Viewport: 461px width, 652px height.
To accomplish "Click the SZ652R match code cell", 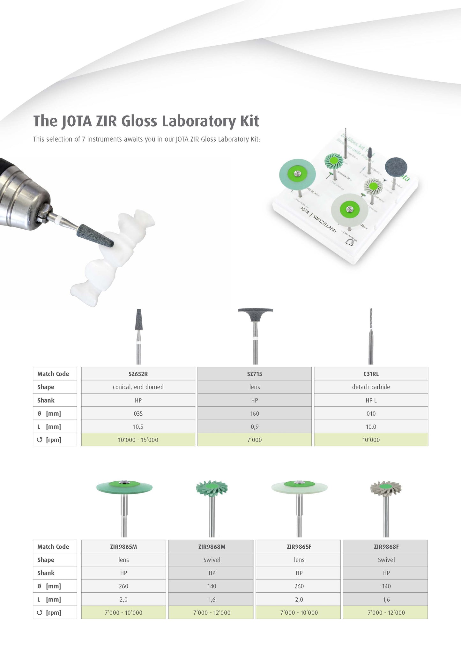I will tap(138, 374).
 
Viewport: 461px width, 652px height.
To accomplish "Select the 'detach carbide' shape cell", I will tap(371, 387).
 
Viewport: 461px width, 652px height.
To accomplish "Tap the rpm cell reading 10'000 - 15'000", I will tap(138, 440).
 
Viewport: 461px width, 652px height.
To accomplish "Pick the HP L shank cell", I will tap(371, 400).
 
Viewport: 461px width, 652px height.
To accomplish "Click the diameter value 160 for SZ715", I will tap(255, 413).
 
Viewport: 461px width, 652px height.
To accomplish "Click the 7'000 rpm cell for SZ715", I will tap(255, 440).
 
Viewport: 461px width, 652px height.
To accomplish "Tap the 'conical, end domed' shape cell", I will tap(138, 387).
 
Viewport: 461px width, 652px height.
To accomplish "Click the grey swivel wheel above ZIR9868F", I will tap(386, 488).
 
